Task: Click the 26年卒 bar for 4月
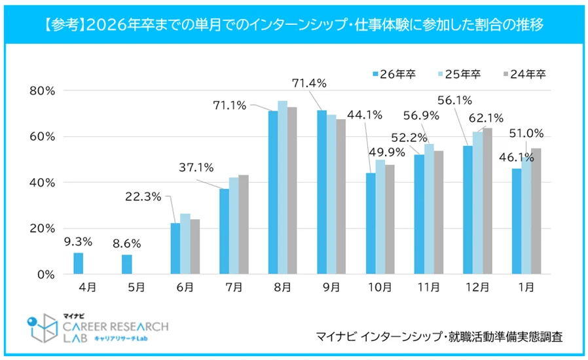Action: coord(79,263)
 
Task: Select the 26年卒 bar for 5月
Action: coord(127,264)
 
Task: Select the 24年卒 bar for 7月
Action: coord(243,225)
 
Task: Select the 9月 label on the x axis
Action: coord(331,287)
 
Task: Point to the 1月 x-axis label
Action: coord(526,287)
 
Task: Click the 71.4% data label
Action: coord(309,83)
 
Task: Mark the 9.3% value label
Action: coord(78,241)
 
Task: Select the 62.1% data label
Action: coord(485,118)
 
